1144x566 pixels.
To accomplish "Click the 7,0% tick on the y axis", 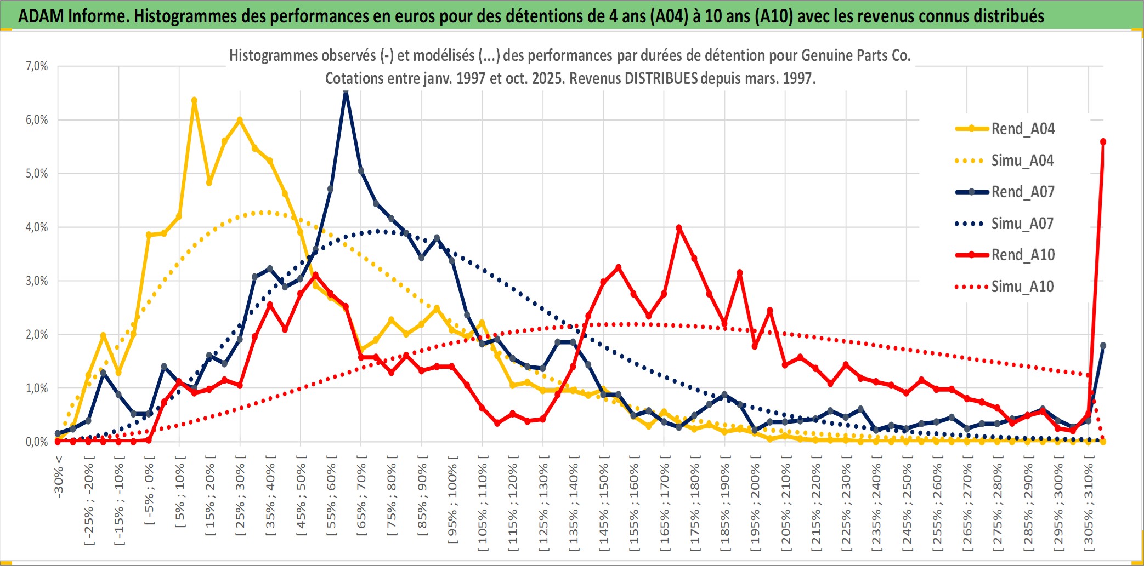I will pyautogui.click(x=37, y=66).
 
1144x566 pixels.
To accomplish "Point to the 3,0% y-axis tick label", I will pyautogui.click(x=37, y=281).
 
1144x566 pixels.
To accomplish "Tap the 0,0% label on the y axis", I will pyautogui.click(x=37, y=442).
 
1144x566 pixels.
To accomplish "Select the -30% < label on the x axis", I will pyautogui.click(x=59, y=476).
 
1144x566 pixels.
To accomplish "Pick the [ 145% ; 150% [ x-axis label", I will pyautogui.click(x=604, y=504).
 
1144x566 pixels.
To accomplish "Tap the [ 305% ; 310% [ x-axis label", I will pyautogui.click(x=1089, y=504).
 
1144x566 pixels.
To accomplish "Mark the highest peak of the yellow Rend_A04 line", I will pyautogui.click(x=194, y=100).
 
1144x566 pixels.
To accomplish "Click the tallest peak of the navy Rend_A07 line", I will pyautogui.click(x=346, y=92).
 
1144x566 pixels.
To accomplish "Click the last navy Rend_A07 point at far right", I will pyautogui.click(x=1103, y=346).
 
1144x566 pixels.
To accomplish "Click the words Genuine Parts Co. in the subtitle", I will pyautogui.click(x=856, y=55).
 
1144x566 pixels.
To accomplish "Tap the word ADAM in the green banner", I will pyautogui.click(x=41, y=16).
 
